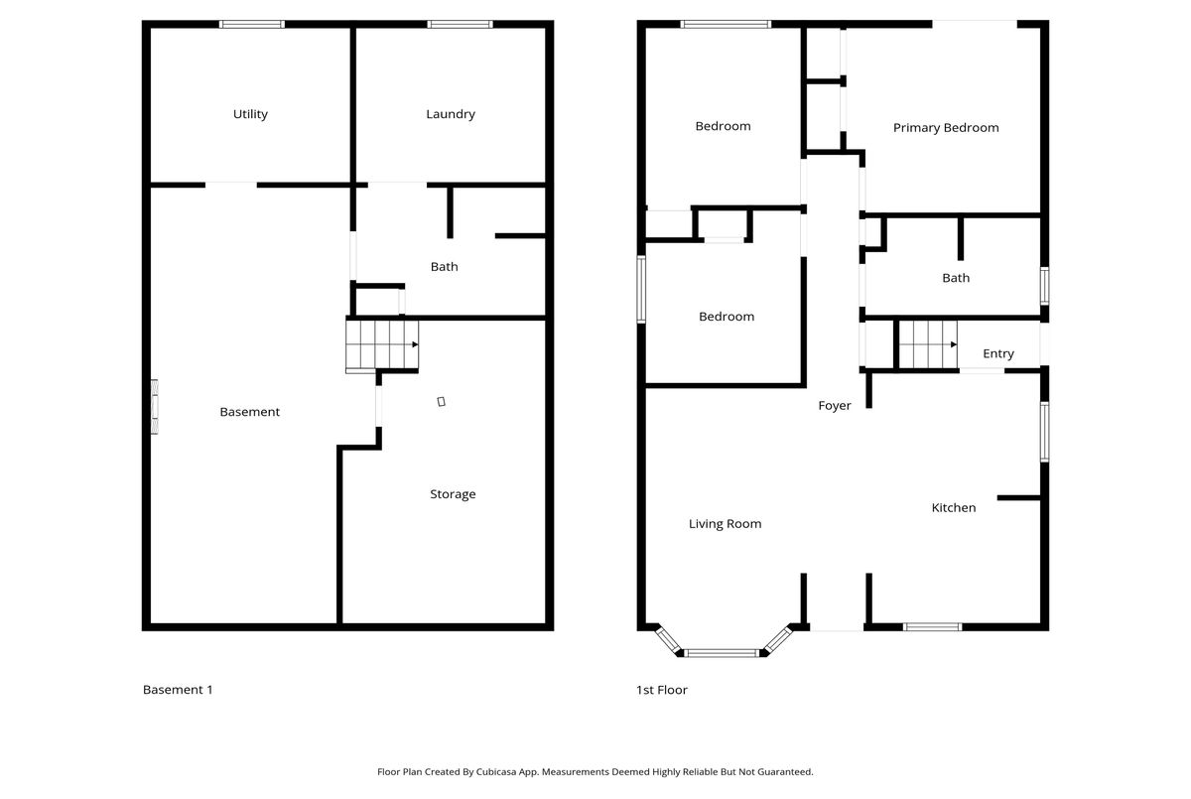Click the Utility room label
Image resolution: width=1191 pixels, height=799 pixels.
(250, 114)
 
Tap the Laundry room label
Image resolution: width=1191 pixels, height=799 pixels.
(451, 114)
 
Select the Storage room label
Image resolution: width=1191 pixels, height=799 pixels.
(453, 494)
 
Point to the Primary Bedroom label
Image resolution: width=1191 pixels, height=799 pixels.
(946, 128)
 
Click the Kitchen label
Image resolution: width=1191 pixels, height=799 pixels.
(954, 507)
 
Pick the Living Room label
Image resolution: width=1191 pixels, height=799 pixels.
(726, 524)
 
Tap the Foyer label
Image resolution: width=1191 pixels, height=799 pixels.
(835, 406)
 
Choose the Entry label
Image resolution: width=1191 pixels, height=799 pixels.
(998, 353)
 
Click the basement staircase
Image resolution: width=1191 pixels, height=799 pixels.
(382, 344)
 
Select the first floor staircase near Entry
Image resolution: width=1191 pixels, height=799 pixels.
(928, 344)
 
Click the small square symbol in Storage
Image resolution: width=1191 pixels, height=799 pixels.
(442, 401)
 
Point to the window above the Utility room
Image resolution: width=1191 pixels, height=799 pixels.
(252, 24)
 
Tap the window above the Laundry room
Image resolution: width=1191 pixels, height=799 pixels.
(460, 24)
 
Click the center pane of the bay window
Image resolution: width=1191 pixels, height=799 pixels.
(722, 653)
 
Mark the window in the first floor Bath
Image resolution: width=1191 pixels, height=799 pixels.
(1044, 286)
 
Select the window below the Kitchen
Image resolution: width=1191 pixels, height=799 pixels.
(933, 626)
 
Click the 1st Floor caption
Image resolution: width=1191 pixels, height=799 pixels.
(662, 690)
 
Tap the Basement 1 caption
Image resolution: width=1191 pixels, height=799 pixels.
(178, 690)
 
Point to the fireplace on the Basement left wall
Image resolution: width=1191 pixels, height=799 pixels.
(154, 407)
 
